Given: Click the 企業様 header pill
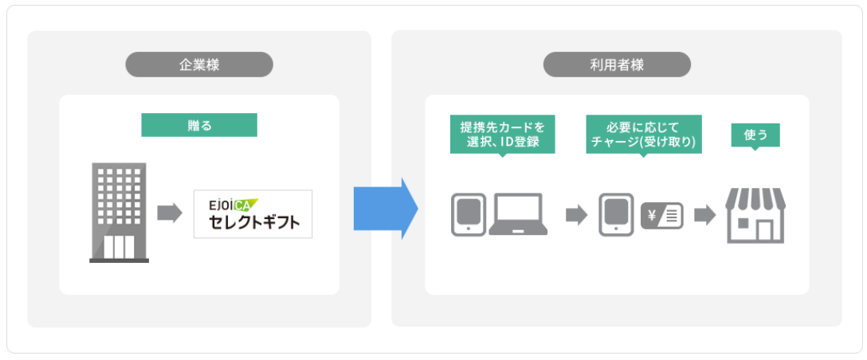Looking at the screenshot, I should [x=199, y=65].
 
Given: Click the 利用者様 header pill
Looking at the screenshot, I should [x=617, y=65].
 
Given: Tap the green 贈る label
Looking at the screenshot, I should [x=199, y=124].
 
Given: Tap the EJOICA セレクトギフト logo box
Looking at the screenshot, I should [x=253, y=213].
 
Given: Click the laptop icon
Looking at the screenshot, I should [x=518, y=213].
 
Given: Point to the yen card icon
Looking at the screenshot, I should [x=661, y=215].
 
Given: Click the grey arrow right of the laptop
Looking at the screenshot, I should [x=575, y=215].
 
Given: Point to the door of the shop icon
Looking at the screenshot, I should [x=766, y=231].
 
